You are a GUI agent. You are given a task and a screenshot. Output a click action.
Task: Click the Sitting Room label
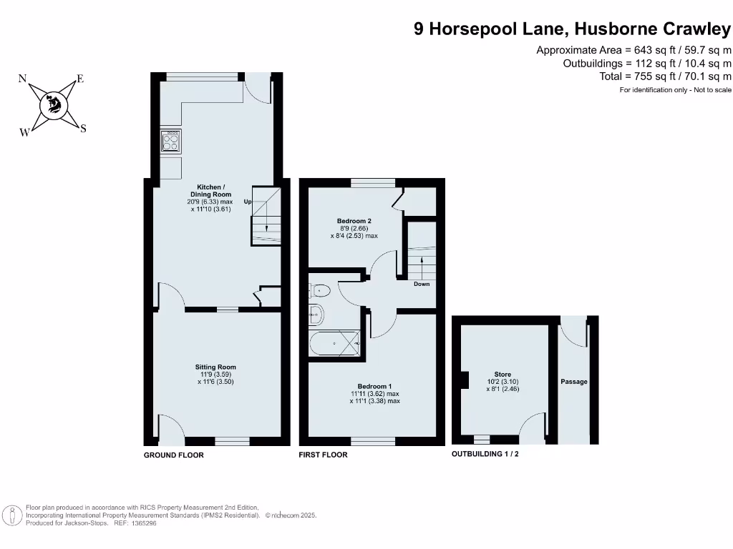coord(215,367)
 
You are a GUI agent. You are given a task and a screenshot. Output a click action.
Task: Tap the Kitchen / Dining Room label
coord(210,190)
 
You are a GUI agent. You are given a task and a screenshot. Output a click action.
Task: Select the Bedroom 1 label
coord(374,386)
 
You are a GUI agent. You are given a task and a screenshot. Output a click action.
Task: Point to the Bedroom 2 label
coord(354,221)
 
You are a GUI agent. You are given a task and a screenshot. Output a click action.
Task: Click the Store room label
coord(502,375)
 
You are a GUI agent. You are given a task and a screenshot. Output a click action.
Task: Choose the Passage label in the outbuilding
coord(573,382)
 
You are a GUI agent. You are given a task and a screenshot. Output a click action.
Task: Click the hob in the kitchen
coord(171,142)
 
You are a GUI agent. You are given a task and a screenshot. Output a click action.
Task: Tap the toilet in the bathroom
coord(319,290)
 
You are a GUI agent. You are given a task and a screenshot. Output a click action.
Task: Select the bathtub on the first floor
coord(336,344)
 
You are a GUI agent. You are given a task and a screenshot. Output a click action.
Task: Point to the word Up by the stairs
coord(247,202)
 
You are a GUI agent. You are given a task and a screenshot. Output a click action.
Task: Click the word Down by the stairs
coord(422,285)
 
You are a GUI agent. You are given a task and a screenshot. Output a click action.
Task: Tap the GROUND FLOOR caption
coord(174,455)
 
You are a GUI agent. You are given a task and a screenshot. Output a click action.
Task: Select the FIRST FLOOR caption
coord(323,455)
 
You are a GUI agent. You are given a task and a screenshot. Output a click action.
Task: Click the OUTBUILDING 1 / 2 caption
coord(485,455)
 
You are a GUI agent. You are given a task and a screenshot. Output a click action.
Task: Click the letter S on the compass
coord(83,129)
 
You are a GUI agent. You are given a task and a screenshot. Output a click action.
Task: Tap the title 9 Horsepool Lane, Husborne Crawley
coord(573,29)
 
